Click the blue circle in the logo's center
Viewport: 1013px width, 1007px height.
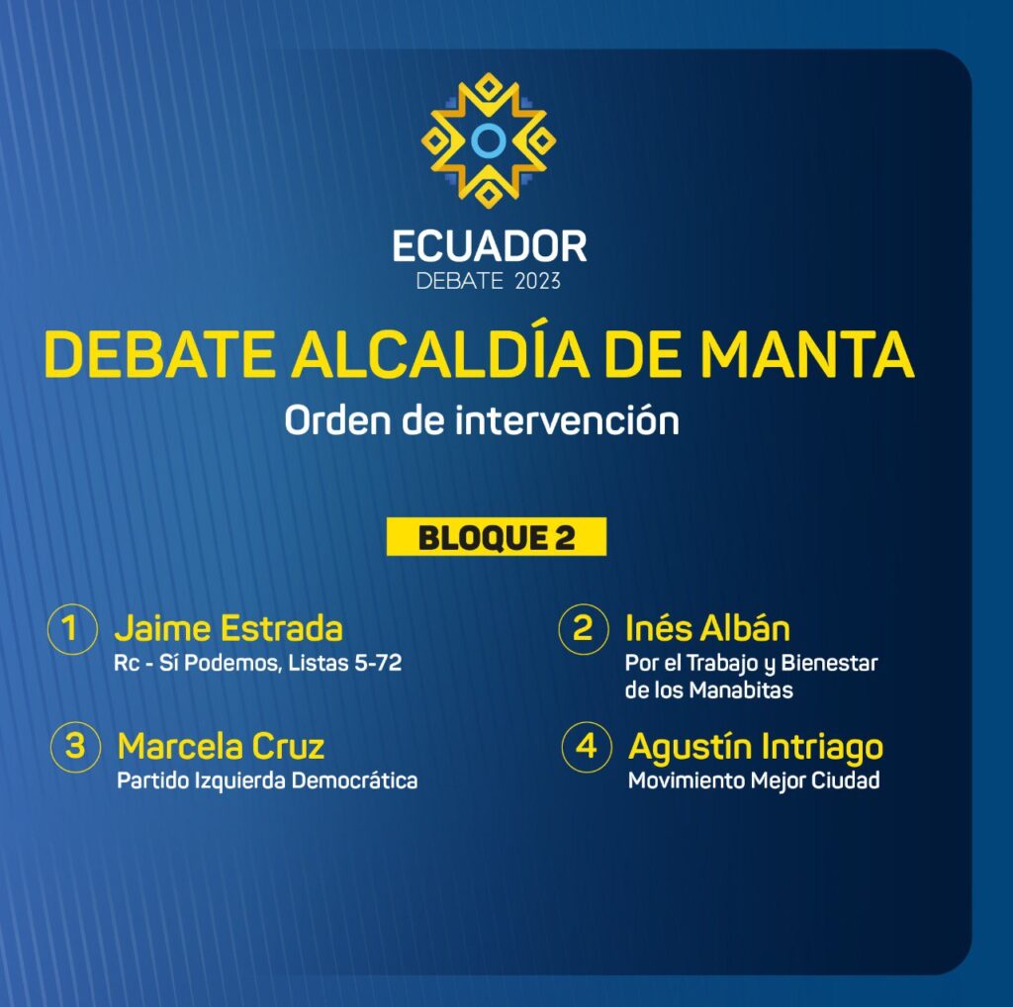click(x=489, y=140)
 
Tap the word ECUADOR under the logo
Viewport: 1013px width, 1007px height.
click(x=489, y=246)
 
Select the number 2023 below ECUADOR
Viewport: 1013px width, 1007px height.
click(x=537, y=282)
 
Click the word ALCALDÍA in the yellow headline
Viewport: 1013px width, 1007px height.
click(x=440, y=353)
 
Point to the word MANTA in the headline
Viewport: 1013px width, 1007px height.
click(x=807, y=354)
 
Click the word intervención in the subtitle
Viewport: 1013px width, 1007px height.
click(x=567, y=420)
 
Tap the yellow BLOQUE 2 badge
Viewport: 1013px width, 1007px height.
click(x=497, y=537)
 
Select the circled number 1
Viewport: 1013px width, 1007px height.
click(x=72, y=629)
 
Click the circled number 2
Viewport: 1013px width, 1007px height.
click(x=584, y=629)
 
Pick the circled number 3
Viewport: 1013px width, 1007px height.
click(x=75, y=747)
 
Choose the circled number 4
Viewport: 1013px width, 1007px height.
click(x=587, y=747)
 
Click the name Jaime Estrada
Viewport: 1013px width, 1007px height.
click(x=229, y=628)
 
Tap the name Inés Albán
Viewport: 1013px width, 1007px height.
click(x=707, y=628)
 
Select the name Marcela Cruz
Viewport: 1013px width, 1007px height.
click(x=221, y=747)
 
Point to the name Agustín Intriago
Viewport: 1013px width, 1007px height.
click(x=756, y=748)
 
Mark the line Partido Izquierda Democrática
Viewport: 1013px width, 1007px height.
click(x=267, y=780)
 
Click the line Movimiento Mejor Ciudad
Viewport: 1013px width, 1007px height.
click(x=754, y=780)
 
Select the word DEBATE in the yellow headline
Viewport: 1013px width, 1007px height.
click(x=159, y=354)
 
